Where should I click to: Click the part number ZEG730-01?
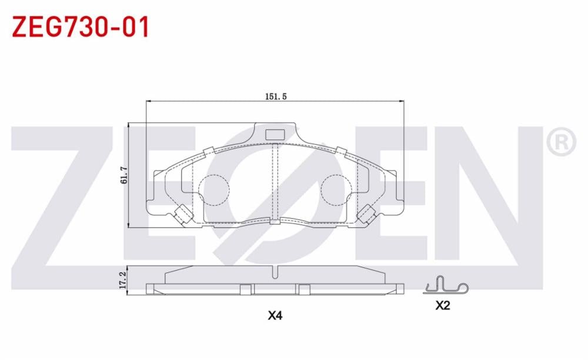point(81,26)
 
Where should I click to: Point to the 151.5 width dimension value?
point(275,97)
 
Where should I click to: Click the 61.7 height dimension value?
point(123,175)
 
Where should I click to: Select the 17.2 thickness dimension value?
point(123,280)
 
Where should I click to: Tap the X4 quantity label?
point(275,315)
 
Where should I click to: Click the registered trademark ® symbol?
point(561,142)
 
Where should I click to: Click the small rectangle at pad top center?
point(275,135)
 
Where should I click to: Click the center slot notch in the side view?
point(275,271)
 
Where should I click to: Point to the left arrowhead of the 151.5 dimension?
point(148,101)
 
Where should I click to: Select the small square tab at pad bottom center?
point(275,222)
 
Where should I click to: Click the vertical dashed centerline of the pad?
point(275,182)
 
